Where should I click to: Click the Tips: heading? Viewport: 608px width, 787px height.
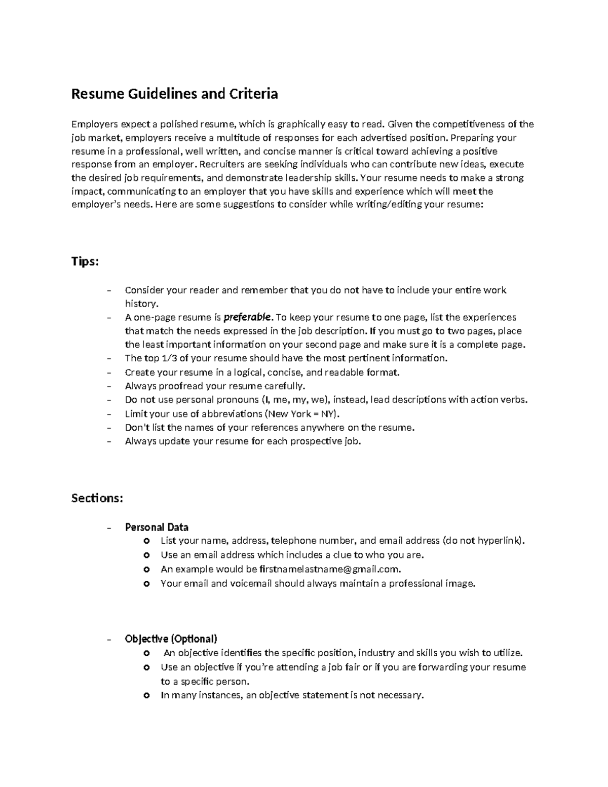pos(85,261)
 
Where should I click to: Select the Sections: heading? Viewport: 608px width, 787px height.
pos(97,498)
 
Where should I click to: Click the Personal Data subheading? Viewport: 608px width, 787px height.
pos(157,527)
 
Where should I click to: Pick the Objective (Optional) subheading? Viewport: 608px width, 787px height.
pos(171,639)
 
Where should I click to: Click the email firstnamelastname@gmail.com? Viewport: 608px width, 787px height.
pos(330,569)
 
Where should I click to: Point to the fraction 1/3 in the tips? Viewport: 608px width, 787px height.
pos(167,358)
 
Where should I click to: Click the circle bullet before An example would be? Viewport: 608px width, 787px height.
pos(147,569)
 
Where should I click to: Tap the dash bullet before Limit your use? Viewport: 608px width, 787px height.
pos(109,414)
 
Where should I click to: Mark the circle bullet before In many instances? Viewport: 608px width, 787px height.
pos(147,695)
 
